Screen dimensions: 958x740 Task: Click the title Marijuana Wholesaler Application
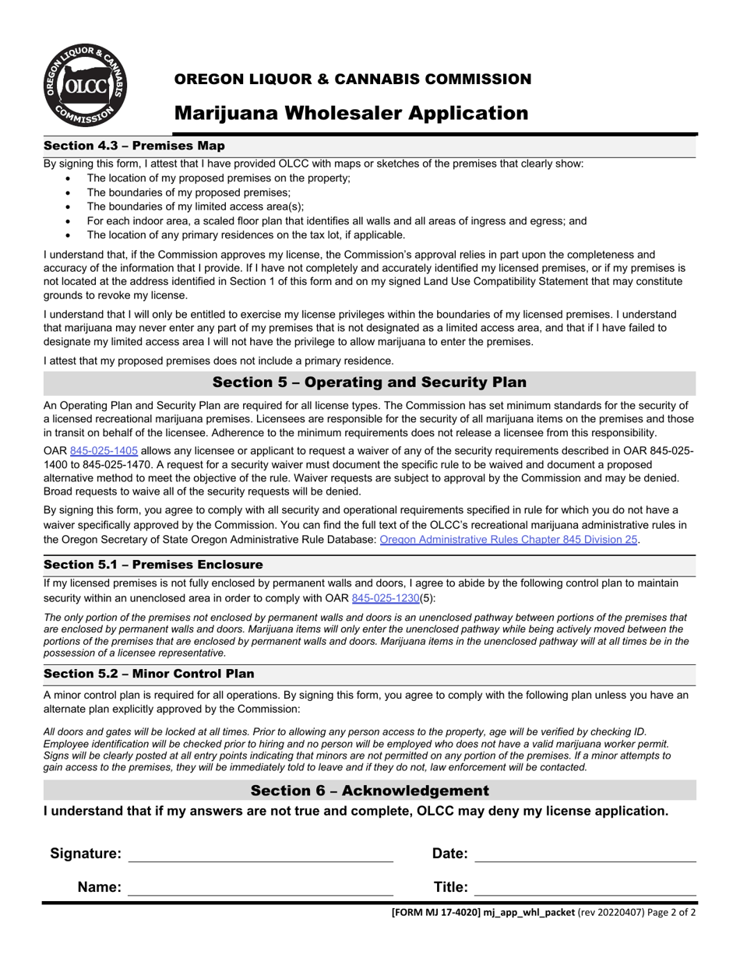tap(351, 114)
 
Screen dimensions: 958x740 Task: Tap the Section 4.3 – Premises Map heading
tap(134, 146)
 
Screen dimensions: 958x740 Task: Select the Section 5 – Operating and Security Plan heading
tap(369, 382)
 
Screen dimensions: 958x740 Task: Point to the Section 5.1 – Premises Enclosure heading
tap(153, 565)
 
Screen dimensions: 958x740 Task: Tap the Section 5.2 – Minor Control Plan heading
tap(149, 674)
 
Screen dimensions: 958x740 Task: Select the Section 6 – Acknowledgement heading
tap(369, 791)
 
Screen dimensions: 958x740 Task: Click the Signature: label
tap(86, 854)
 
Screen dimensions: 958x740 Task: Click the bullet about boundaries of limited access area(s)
tap(195, 207)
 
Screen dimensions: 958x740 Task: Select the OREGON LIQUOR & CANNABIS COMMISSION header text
tap(353, 79)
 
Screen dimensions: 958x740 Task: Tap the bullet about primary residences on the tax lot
tap(245, 235)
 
